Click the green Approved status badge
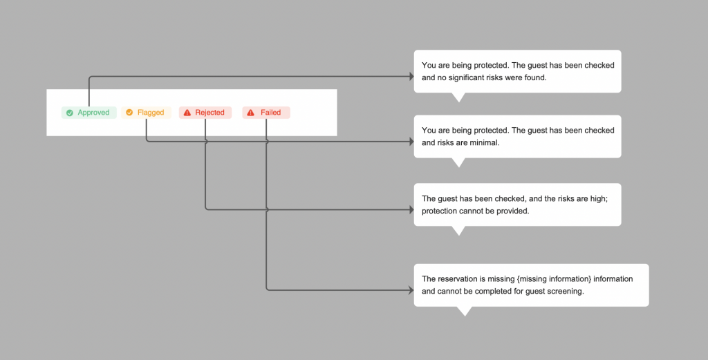click(89, 113)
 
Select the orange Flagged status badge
click(147, 113)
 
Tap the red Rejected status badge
click(205, 113)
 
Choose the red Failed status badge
click(266, 113)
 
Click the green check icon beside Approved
click(70, 113)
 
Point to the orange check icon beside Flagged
click(129, 113)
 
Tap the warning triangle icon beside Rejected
click(187, 113)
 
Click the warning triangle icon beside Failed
click(250, 113)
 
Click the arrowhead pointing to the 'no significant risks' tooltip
click(411, 77)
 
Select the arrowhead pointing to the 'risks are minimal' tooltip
click(411, 142)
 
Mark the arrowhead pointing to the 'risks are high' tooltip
click(411, 210)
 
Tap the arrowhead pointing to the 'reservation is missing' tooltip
click(411, 290)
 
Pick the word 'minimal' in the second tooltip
click(485, 142)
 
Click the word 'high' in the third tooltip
click(598, 199)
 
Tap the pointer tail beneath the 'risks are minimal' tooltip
click(458, 162)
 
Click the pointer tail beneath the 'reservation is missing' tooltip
click(464, 311)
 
